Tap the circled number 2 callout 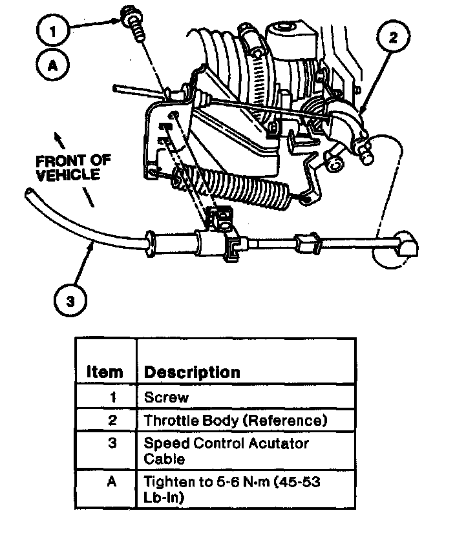392,38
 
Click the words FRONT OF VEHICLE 73,167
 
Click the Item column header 104,372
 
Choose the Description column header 192,372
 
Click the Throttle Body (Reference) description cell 235,420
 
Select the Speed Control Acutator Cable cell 226,451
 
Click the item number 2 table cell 112,420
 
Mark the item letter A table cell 112,482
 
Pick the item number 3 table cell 112,444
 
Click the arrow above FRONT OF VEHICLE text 59,136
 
